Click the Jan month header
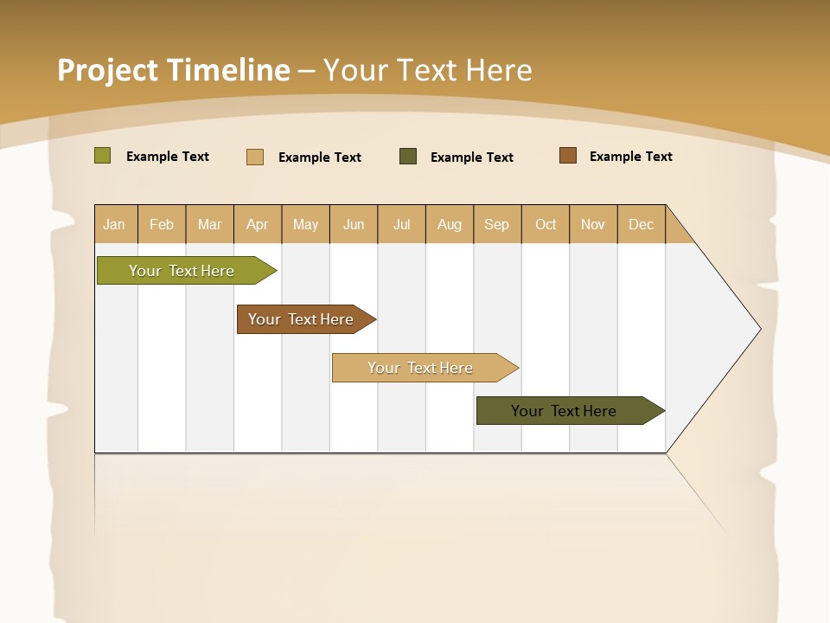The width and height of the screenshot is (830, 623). coord(114,224)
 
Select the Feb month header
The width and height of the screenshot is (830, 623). coord(162,224)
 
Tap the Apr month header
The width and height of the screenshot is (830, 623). coord(257,224)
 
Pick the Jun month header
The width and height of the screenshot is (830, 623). coord(354,224)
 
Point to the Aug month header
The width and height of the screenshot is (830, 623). coord(449,224)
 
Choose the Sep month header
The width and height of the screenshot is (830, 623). coord(496,224)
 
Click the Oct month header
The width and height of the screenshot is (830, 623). coord(546,224)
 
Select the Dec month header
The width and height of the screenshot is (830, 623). coord(641,224)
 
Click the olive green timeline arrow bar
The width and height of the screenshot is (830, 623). coord(182,271)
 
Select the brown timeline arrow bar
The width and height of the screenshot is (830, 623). coord(301,319)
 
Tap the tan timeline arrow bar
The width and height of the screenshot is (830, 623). coord(420,368)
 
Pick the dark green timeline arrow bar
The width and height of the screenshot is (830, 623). coord(564,411)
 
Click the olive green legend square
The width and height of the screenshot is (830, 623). coord(102,156)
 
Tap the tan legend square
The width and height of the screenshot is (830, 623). coord(254,157)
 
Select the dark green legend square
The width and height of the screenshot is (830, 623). coord(407,157)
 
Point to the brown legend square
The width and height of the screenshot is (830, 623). coord(567,156)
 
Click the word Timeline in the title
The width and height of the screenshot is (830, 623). coord(228,70)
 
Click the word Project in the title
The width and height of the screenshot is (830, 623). coord(107,70)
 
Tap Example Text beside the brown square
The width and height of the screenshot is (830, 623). coord(630,157)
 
